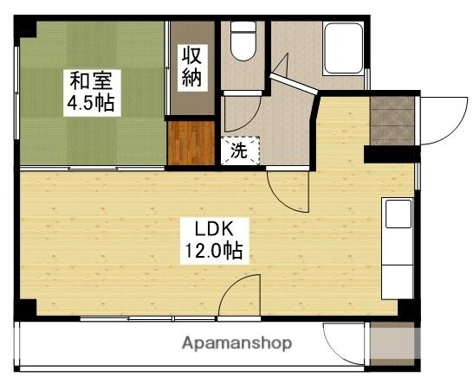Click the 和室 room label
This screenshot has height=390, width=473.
pyautogui.click(x=91, y=83)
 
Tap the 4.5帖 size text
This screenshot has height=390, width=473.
pyautogui.click(x=91, y=105)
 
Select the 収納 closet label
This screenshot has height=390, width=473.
pyautogui.click(x=191, y=67)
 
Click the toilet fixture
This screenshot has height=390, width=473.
pyautogui.click(x=243, y=43)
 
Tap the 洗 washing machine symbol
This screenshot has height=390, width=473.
pyautogui.click(x=239, y=150)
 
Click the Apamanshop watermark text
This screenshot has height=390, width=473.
pyautogui.click(x=236, y=343)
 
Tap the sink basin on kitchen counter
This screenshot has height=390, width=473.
pyautogui.click(x=398, y=214)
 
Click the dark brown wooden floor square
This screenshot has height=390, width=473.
pyautogui.click(x=191, y=143)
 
